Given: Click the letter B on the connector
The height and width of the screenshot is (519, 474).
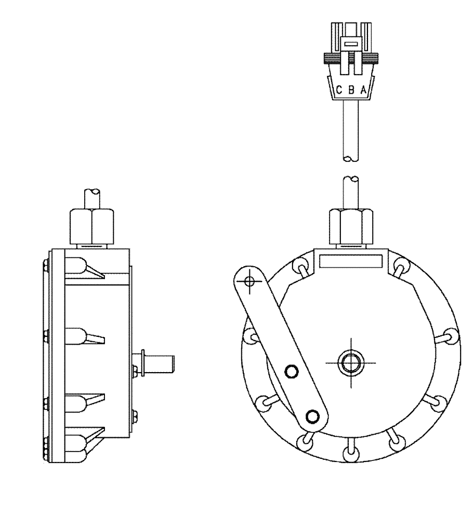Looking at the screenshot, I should pyautogui.click(x=351, y=90).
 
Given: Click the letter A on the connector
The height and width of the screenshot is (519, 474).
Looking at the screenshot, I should pyautogui.click(x=363, y=90).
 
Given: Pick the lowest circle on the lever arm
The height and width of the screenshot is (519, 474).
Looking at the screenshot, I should pyautogui.click(x=312, y=415).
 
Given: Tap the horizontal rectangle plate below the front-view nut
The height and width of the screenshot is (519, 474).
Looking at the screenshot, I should pyautogui.click(x=351, y=261).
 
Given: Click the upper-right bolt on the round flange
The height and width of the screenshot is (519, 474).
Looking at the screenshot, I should pyautogui.click(x=400, y=267).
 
